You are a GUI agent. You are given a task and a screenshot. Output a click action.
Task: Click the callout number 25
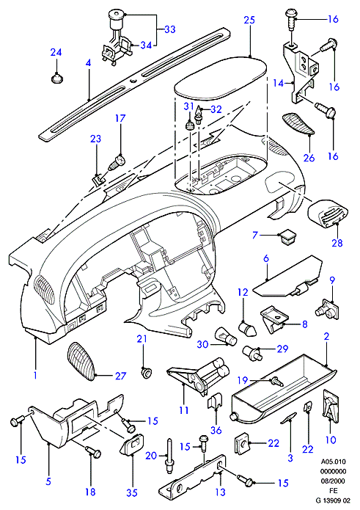click(x=249, y=20)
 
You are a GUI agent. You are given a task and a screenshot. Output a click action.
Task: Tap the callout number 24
click(x=56, y=52)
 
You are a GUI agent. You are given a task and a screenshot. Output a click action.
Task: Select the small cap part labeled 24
click(x=57, y=79)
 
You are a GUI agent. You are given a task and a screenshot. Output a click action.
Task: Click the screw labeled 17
click(x=117, y=163)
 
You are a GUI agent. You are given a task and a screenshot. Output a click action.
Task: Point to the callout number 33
click(x=169, y=29)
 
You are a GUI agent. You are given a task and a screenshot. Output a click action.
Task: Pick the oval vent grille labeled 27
click(x=82, y=361)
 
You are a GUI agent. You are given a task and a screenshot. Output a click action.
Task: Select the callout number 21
click(x=142, y=339)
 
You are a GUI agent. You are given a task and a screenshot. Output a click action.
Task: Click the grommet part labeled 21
click(x=147, y=373)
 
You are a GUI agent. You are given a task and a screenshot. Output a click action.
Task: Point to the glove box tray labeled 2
click(x=283, y=387)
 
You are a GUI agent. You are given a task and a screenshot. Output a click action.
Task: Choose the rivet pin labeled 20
click(x=170, y=456)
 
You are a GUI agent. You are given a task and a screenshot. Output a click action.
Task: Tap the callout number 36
click(x=216, y=430)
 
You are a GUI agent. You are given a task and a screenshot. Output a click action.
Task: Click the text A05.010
click(x=334, y=462)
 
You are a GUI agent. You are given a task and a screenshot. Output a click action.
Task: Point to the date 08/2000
click(x=334, y=481)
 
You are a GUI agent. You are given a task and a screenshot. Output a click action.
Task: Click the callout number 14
click(x=279, y=83)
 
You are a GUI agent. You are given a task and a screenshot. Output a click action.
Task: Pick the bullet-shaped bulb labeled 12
click(x=248, y=329)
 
